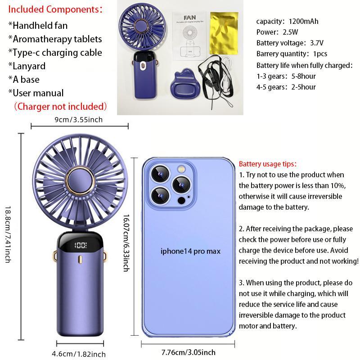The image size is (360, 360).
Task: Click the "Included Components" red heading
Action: click(x=55, y=9)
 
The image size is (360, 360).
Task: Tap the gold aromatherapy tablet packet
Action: click(x=224, y=33)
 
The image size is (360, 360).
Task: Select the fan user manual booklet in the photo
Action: click(x=189, y=36)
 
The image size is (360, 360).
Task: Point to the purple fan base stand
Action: click(x=185, y=83)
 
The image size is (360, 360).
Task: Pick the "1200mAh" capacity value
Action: click(x=303, y=21)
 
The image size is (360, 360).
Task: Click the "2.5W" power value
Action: click(x=290, y=32)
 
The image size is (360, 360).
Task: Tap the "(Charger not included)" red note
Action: click(x=60, y=107)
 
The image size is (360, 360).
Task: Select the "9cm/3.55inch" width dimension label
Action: click(x=78, y=120)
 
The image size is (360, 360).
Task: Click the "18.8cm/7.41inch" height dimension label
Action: click(x=8, y=234)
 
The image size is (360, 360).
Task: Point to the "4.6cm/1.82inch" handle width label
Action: click(x=78, y=354)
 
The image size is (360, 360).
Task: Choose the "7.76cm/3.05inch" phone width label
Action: click(x=188, y=352)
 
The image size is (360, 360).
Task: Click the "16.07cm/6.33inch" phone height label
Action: click(x=126, y=243)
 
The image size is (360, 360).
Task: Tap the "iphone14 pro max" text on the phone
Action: click(x=190, y=251)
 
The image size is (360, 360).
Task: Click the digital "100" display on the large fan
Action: click(x=81, y=245)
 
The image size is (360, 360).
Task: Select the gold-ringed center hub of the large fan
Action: click(x=80, y=180)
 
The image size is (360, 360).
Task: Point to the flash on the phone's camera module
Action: click(x=181, y=170)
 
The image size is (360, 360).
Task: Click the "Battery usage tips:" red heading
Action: click(x=268, y=164)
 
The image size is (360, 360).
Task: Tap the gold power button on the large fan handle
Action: click(x=80, y=259)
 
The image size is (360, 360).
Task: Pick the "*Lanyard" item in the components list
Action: click(x=27, y=66)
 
